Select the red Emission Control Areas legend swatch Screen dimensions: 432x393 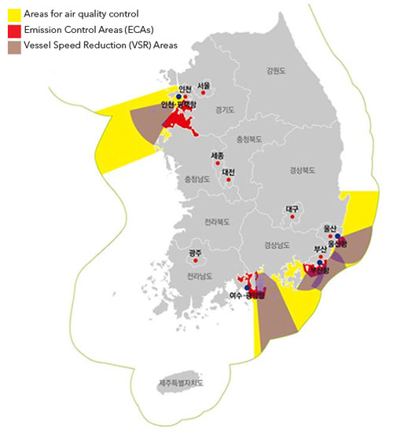12,30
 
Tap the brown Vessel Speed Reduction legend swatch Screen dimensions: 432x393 12,46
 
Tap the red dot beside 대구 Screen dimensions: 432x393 292,218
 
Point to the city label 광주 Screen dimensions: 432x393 195,253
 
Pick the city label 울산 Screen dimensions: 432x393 330,229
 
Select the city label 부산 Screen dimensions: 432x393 320,250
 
